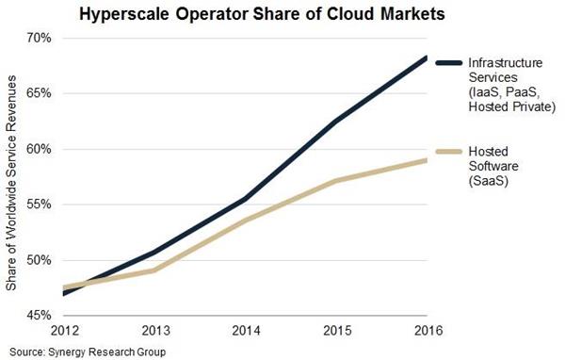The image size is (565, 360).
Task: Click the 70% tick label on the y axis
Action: (x=40, y=38)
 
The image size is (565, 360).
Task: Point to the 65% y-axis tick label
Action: (x=40, y=93)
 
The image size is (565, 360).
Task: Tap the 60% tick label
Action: (x=40, y=149)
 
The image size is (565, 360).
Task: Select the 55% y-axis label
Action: (x=40, y=205)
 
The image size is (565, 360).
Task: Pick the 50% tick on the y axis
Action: (x=40, y=260)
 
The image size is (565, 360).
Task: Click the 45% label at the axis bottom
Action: (x=40, y=316)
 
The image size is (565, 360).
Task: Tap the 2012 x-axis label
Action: (x=65, y=331)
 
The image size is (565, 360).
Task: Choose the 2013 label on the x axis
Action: (x=156, y=331)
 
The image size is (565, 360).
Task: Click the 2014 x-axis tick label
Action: (x=247, y=331)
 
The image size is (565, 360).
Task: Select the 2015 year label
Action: (x=337, y=331)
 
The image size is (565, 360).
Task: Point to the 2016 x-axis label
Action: (x=428, y=331)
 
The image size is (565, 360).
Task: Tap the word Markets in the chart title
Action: (x=413, y=14)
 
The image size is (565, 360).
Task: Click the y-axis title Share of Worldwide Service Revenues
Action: (x=11, y=183)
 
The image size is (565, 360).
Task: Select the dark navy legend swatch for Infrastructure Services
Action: (x=448, y=63)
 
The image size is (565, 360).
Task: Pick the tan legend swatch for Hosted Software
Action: (x=448, y=152)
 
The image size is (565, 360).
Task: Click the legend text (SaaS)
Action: (x=488, y=181)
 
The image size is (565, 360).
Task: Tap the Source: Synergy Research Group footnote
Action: (x=88, y=352)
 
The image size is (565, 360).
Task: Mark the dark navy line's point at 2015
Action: (x=336, y=121)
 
